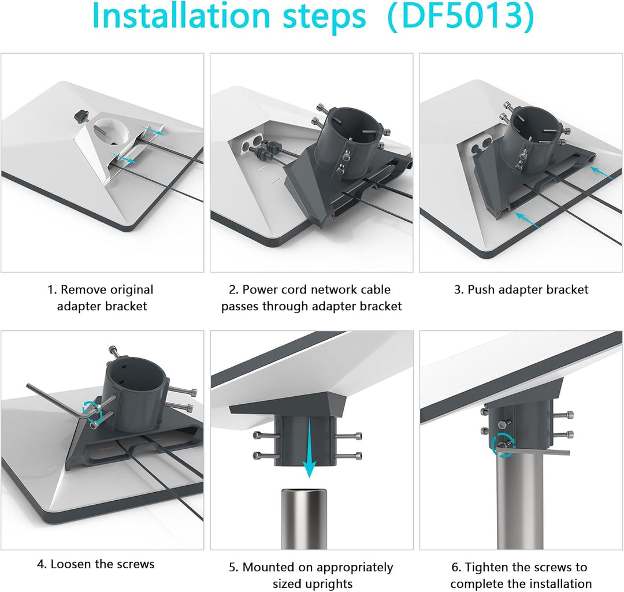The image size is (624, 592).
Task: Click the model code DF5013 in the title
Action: pos(460,17)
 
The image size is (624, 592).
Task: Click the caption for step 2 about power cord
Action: pos(311,297)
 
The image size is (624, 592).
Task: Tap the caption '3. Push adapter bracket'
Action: pos(521,289)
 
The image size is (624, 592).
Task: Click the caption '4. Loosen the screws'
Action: pos(96,564)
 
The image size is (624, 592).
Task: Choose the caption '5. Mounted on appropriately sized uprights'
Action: pos(311,575)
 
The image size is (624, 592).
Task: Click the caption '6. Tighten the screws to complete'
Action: pos(521,575)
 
